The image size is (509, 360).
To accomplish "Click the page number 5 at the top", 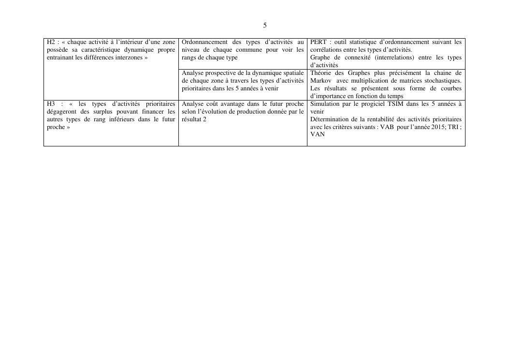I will click(x=265, y=25).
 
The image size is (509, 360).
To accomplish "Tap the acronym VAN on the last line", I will click(x=318, y=134).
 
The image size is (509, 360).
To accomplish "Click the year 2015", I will click(x=429, y=127).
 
